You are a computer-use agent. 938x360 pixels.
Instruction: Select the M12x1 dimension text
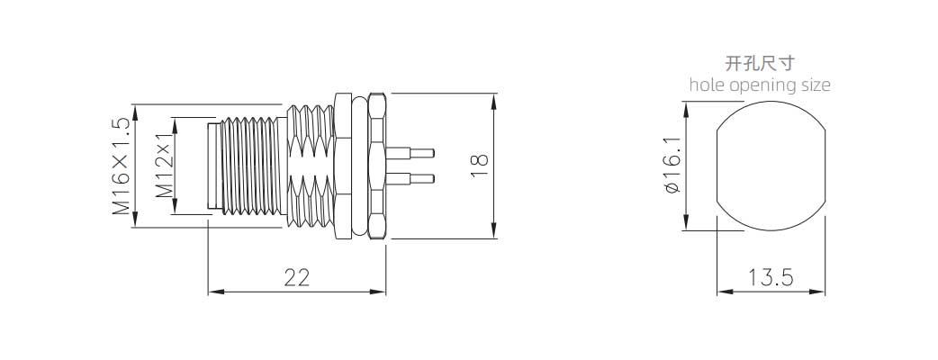[x=165, y=166]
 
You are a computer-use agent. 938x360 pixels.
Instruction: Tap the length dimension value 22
[x=296, y=278]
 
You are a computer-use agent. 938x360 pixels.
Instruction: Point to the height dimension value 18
[x=479, y=164]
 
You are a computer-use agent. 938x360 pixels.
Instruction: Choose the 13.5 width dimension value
[x=770, y=278]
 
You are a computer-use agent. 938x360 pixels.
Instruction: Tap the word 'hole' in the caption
[x=706, y=85]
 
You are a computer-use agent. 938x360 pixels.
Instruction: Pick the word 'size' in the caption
[x=814, y=85]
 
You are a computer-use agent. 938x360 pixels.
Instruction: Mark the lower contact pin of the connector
[x=414, y=177]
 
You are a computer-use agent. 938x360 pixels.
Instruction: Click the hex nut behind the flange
[x=378, y=166]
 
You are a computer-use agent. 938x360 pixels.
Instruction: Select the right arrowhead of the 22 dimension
[x=382, y=292]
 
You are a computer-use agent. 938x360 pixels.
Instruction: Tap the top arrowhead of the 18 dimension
[x=494, y=97]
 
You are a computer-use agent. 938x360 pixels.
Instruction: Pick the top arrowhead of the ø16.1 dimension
[x=686, y=107]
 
